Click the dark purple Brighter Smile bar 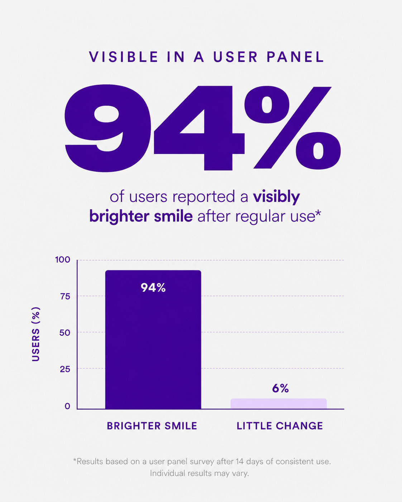(153, 339)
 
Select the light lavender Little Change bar (278, 404)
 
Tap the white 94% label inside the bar (153, 288)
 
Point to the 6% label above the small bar (280, 388)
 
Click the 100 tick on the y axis (63, 260)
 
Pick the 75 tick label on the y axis (65, 296)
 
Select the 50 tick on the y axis (64, 333)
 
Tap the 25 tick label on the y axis (65, 369)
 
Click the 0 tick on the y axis (67, 406)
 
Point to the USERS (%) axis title (36, 334)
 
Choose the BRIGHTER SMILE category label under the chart (152, 426)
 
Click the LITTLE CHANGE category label (280, 426)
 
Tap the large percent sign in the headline (292, 127)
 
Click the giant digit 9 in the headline (107, 128)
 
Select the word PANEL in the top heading (295, 57)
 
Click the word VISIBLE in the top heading (124, 57)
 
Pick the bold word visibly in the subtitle (277, 197)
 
